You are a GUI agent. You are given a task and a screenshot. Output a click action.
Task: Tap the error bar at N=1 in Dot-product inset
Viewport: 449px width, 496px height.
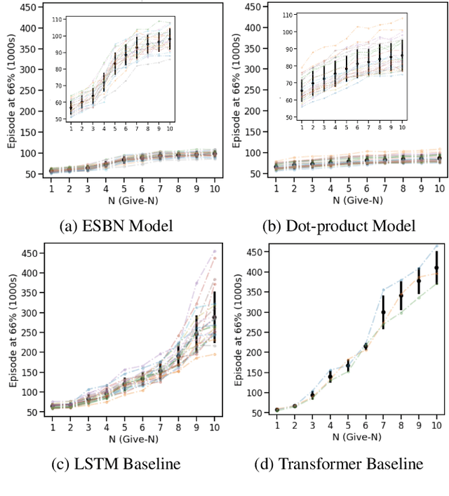pos(301,91)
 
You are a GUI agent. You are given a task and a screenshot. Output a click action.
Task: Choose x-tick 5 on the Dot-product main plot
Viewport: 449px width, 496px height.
pos(347,189)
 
